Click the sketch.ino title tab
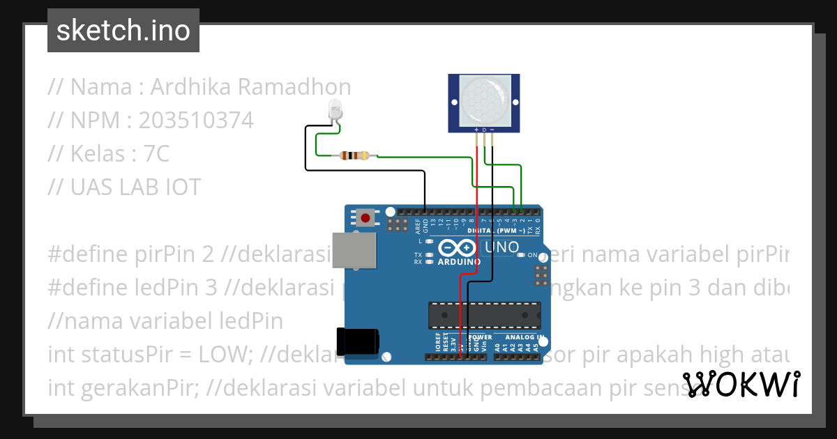tap(123, 31)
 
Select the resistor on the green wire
tap(354, 155)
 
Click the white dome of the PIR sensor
tap(483, 98)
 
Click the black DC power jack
tap(358, 341)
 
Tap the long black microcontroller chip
tap(484, 315)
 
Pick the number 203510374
tap(196, 121)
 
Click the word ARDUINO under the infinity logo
tap(459, 262)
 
